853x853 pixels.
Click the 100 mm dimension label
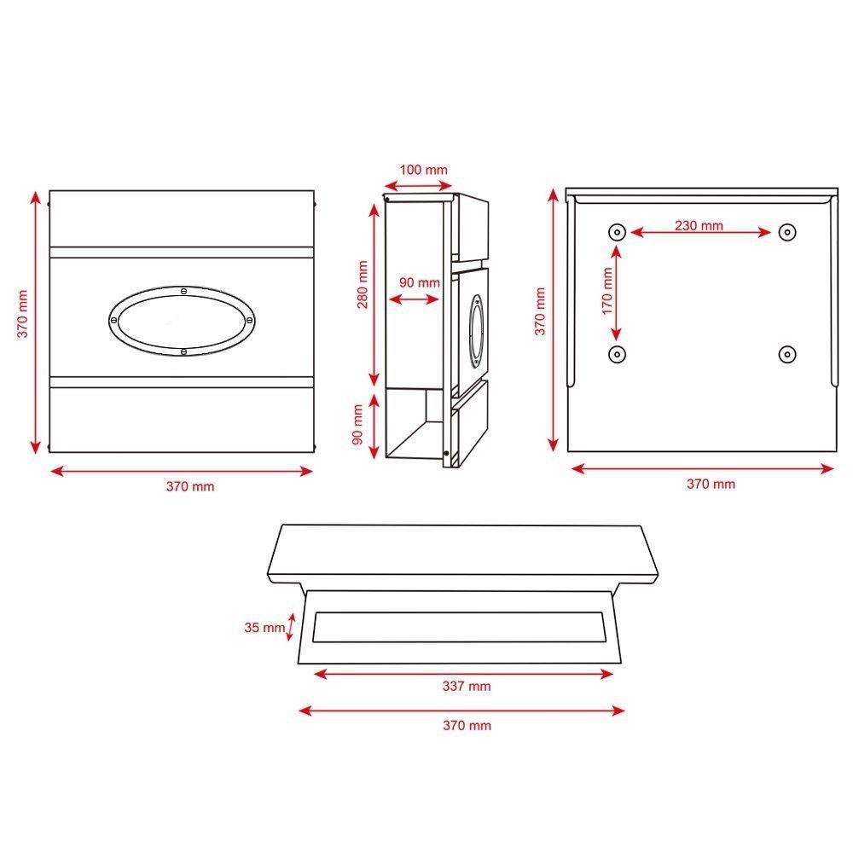pos(423,170)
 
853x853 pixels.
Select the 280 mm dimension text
pos(363,285)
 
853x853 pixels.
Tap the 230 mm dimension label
pos(699,225)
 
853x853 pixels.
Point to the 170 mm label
pos(607,291)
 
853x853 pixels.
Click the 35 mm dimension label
pos(264,627)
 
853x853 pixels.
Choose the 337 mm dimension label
pos(467,686)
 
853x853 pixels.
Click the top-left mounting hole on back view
pos(617,232)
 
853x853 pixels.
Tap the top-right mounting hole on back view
pos(787,232)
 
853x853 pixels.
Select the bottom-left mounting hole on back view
pos(617,355)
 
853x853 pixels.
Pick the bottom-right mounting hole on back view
pos(787,355)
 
